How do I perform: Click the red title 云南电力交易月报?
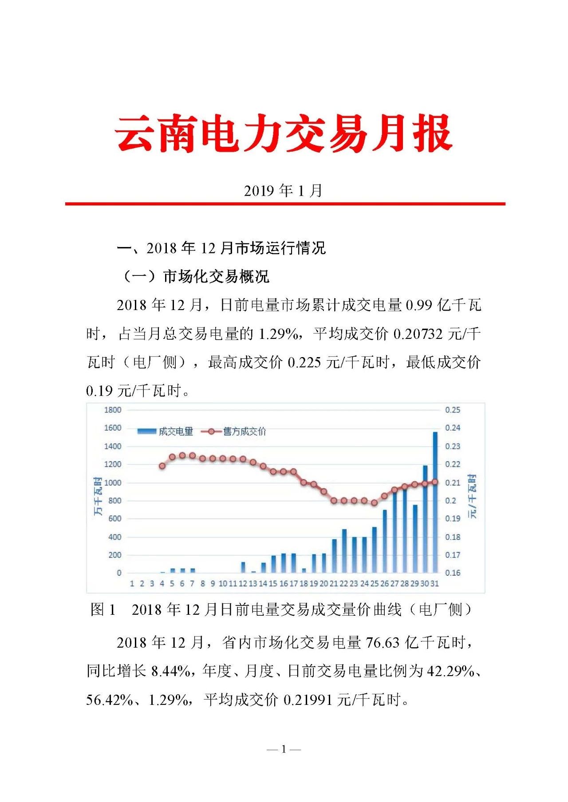(x=283, y=133)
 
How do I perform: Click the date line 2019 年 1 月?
(x=283, y=191)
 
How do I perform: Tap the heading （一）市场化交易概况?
(x=195, y=276)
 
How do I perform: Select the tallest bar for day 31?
(x=435, y=501)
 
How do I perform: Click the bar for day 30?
(x=425, y=519)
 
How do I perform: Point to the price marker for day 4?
(x=162, y=466)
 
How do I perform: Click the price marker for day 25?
(x=374, y=503)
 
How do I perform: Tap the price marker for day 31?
(x=435, y=482)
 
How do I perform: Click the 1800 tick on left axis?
(x=113, y=410)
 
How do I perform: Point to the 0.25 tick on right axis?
(x=453, y=410)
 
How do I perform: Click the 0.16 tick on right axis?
(x=453, y=573)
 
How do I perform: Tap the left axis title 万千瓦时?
(x=98, y=496)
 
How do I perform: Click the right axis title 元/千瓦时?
(x=473, y=496)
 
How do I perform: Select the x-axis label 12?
(x=243, y=584)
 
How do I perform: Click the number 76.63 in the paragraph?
(x=383, y=643)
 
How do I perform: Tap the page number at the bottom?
(x=284, y=750)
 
